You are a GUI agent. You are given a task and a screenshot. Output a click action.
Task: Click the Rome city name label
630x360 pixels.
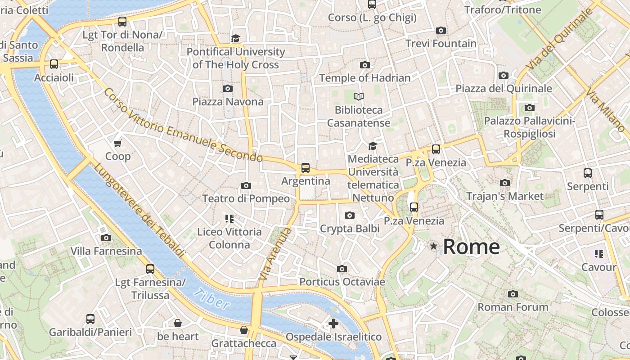click(x=471, y=247)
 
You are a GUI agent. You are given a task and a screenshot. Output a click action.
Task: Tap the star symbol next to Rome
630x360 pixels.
click(x=433, y=246)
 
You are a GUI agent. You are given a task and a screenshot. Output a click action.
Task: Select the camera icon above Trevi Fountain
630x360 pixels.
click(x=441, y=30)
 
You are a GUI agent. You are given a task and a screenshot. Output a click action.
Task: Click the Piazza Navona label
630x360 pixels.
click(x=228, y=102)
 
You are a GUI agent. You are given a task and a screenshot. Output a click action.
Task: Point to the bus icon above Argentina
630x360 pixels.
click(x=306, y=168)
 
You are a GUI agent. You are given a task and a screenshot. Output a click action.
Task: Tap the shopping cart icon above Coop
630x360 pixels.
click(x=118, y=143)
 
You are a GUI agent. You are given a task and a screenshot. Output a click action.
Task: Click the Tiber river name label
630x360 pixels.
click(x=212, y=299)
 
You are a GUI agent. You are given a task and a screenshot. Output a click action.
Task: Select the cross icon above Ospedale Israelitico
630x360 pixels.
click(x=333, y=324)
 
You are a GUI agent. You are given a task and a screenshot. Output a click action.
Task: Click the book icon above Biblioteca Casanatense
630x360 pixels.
click(x=359, y=96)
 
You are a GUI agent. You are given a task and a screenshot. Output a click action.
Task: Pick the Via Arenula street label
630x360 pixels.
click(x=275, y=255)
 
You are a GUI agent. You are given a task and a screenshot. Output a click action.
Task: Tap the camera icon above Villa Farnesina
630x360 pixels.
click(x=106, y=238)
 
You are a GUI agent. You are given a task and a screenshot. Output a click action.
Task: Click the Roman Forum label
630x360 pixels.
click(x=513, y=307)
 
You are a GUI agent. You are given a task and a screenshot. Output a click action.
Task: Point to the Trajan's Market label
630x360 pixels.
click(x=505, y=196)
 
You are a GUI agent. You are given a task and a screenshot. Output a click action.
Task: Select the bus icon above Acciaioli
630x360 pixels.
click(x=54, y=64)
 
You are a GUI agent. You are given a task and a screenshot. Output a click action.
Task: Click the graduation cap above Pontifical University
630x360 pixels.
click(x=235, y=38)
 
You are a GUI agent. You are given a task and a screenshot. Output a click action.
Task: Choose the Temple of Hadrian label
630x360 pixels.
click(x=365, y=78)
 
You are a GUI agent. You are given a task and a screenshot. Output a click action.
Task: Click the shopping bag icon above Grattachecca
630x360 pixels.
click(x=244, y=330)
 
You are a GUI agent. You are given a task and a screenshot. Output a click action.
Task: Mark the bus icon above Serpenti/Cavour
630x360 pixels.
click(x=599, y=215)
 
